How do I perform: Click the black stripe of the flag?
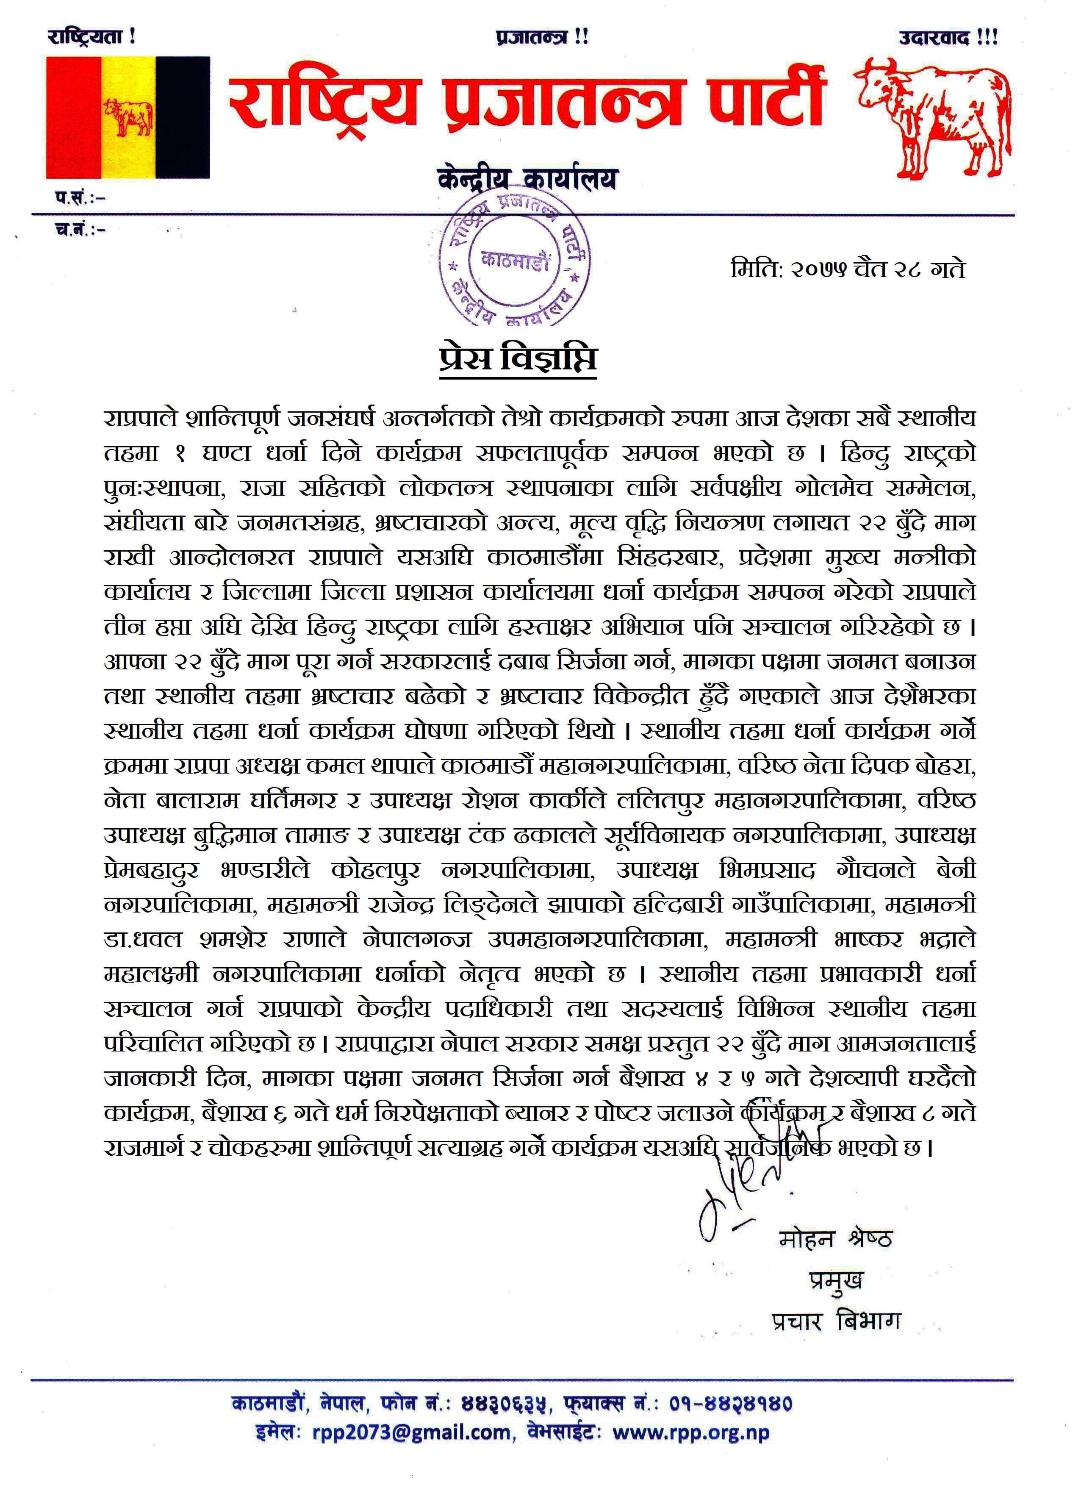click(x=183, y=117)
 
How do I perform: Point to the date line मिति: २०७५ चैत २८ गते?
click(x=848, y=269)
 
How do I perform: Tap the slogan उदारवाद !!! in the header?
click(x=948, y=38)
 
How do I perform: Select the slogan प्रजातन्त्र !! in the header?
click(x=542, y=38)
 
